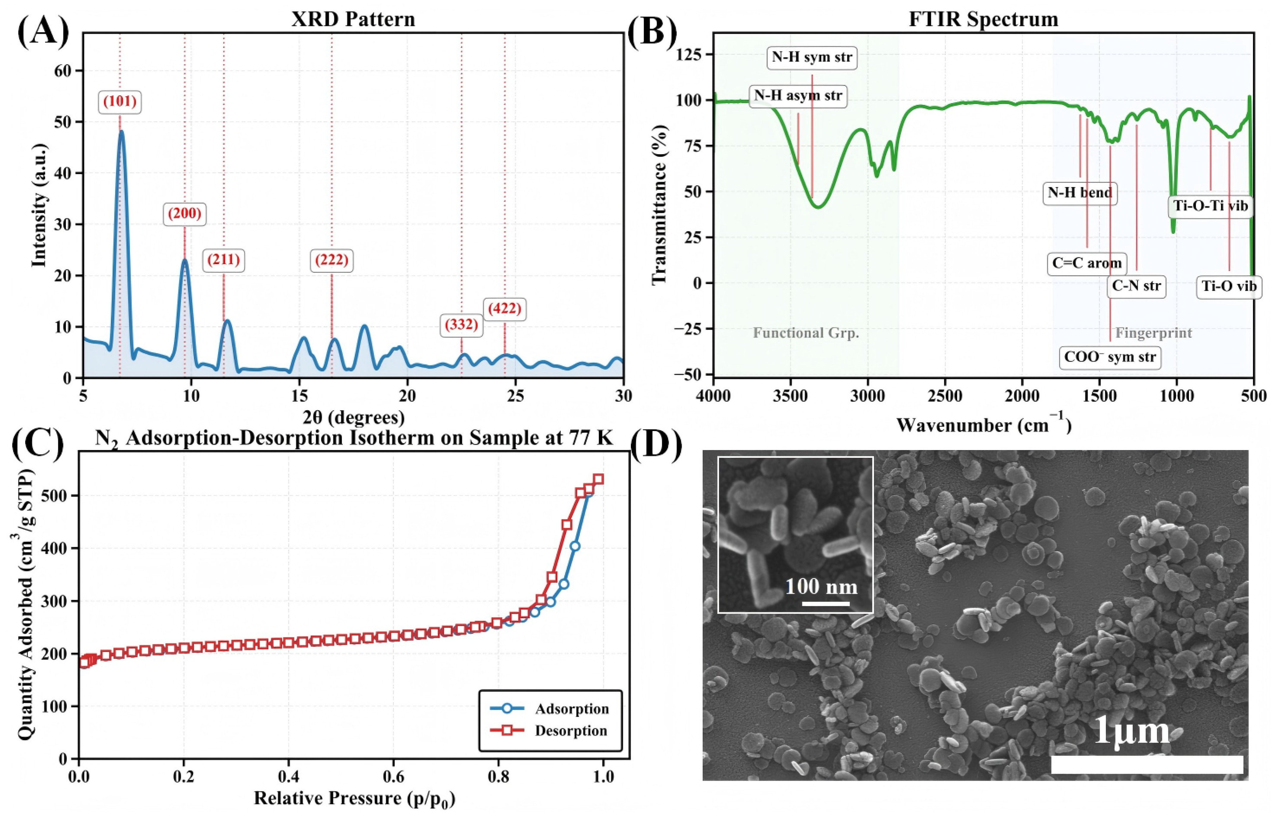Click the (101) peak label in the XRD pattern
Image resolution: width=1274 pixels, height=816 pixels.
120,102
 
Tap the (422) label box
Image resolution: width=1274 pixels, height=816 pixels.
504,308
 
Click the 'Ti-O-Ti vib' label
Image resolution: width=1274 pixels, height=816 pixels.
1210,206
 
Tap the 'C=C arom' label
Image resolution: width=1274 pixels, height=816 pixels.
1087,263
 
